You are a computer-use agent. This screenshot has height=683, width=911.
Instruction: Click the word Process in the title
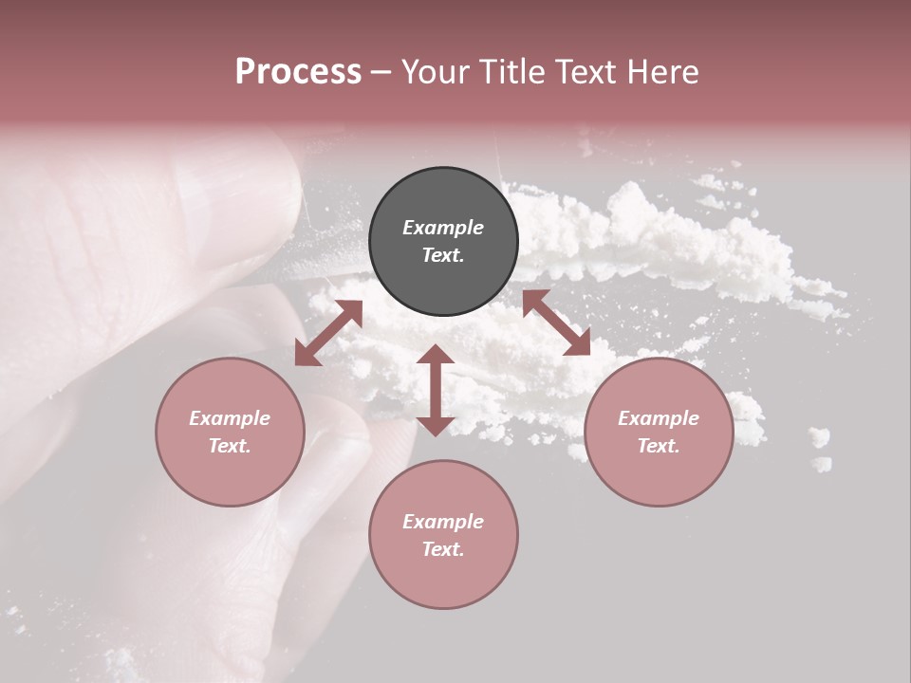(298, 72)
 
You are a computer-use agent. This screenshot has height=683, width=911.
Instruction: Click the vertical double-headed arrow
(436, 390)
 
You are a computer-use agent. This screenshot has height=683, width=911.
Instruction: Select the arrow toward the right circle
(557, 323)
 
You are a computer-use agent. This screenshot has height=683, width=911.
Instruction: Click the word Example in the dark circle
(443, 228)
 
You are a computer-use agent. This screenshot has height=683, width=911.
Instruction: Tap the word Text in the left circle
(230, 446)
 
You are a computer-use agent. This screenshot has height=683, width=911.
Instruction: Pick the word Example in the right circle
(659, 418)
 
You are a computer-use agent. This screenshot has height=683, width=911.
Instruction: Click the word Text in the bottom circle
(443, 549)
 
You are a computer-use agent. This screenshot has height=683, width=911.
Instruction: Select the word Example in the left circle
(230, 418)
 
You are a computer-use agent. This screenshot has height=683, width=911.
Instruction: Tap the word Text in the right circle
(659, 446)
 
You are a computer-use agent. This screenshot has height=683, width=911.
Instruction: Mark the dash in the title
(381, 72)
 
